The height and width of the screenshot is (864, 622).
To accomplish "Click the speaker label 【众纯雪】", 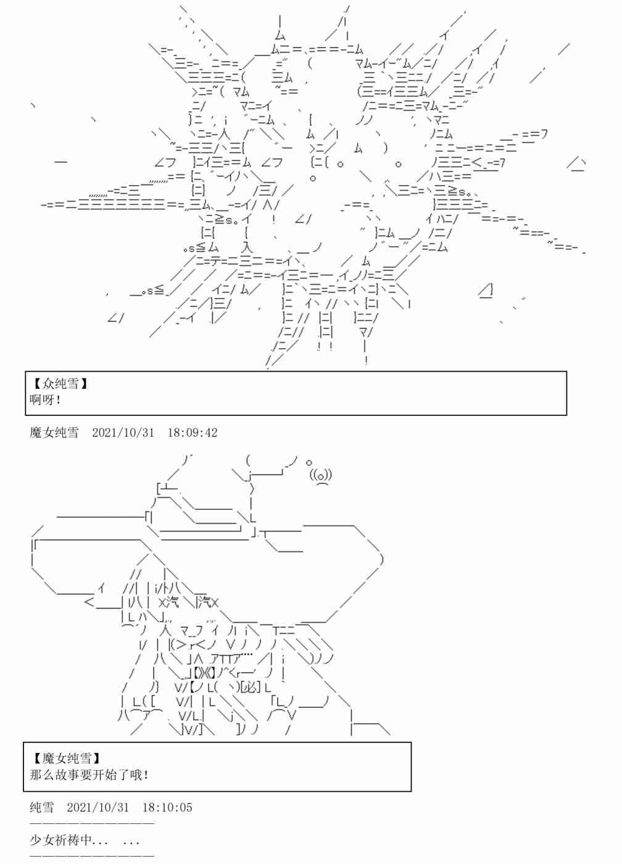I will click(x=59, y=384).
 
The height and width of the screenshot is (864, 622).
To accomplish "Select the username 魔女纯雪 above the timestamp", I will click(x=54, y=433).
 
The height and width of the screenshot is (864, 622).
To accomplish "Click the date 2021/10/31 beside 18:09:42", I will click(x=123, y=433).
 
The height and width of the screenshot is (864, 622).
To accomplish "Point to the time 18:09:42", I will click(x=193, y=433).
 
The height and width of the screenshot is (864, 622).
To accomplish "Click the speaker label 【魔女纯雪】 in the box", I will click(x=65, y=758).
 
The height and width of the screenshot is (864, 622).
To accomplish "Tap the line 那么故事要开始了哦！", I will click(x=89, y=775).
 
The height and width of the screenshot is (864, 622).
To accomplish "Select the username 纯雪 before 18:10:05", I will click(x=42, y=807).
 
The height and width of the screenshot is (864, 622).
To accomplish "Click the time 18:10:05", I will click(x=167, y=807).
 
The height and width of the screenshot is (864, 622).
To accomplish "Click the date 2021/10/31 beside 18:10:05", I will click(x=97, y=807).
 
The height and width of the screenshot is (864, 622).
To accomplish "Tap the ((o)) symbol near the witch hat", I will click(x=321, y=475).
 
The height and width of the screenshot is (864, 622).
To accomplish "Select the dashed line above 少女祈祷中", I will click(x=91, y=824).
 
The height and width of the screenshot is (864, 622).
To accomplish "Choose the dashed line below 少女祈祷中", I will click(x=91, y=856).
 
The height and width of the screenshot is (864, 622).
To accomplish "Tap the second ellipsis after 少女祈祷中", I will click(x=131, y=841).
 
